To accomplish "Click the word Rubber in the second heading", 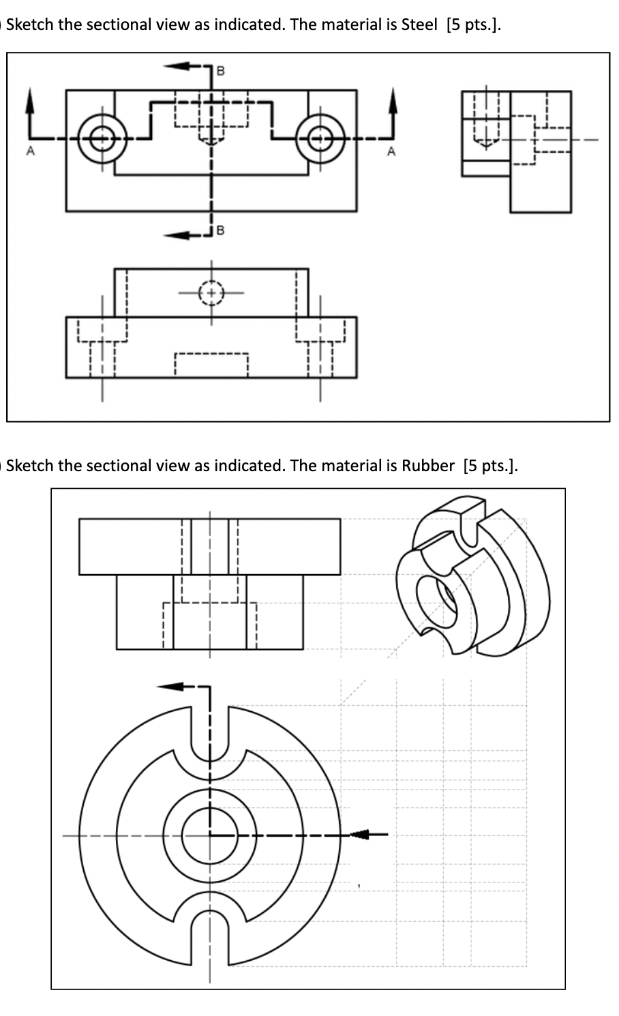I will (427, 466).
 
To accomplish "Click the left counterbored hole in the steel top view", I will (102, 139).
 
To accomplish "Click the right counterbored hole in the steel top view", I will (320, 139).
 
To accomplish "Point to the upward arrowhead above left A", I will (29, 101).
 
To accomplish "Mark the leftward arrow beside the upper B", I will (179, 66).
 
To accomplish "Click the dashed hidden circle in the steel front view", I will (211, 293).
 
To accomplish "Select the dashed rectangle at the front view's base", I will (211, 365).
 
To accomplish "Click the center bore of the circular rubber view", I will (210, 834).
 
